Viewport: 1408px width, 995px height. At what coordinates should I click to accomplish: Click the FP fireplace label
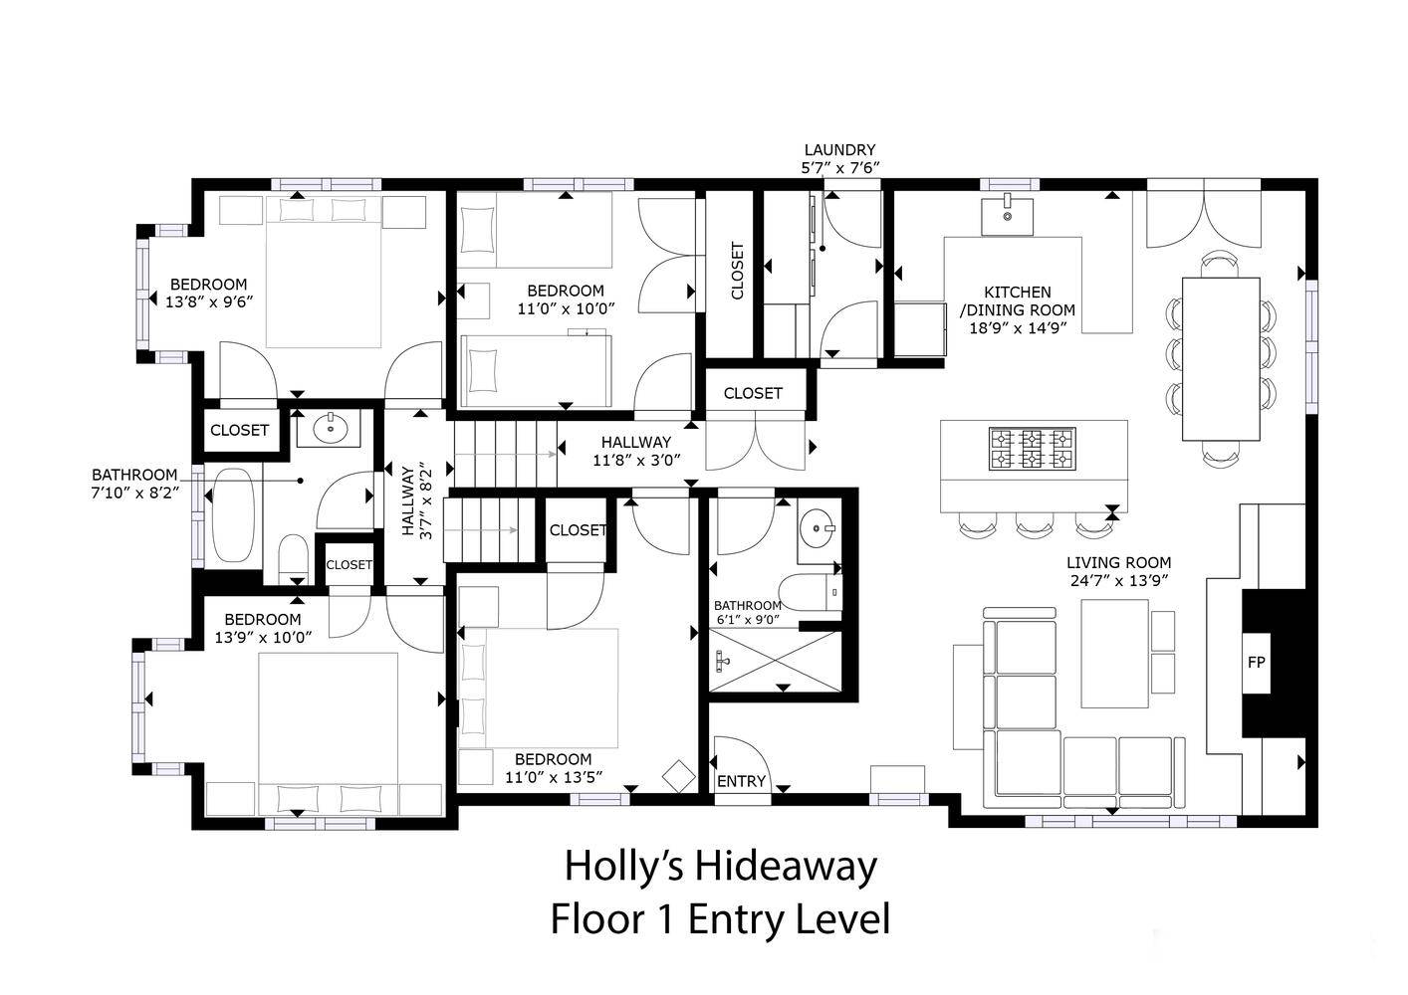pos(1256,662)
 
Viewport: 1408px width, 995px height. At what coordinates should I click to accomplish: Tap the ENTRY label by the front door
pos(741,781)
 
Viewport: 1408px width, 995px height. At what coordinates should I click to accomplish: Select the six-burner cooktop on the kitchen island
pos(1033,449)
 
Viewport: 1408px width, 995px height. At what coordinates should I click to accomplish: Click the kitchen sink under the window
pos(1007,216)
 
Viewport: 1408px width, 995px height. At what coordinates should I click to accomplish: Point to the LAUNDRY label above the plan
pos(839,150)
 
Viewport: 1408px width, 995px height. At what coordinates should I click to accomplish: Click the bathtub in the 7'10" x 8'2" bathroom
pos(233,515)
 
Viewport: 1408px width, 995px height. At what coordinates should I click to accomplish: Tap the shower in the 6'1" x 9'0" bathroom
pos(776,661)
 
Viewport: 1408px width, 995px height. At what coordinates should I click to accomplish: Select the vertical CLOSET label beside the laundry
pos(737,271)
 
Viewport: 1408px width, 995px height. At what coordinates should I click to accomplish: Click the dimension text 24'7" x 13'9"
pos(1119,581)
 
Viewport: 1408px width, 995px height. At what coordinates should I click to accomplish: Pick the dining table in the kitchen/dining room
pos(1222,358)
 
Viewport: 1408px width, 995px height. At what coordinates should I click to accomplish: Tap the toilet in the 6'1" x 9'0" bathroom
pos(811,592)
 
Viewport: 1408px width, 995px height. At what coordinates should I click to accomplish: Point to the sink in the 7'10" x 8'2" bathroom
pos(330,429)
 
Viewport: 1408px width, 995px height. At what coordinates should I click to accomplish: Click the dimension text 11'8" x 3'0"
pos(636,461)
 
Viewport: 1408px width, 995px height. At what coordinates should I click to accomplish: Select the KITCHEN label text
pos(1017,293)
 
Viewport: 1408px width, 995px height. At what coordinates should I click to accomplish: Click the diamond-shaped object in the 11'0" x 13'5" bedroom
pos(679,776)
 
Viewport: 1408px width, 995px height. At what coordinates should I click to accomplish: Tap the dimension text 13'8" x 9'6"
pos(209,302)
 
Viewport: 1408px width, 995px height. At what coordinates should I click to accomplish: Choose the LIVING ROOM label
pos(1119,563)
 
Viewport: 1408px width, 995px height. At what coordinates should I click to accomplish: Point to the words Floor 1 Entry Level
pos(720,919)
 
